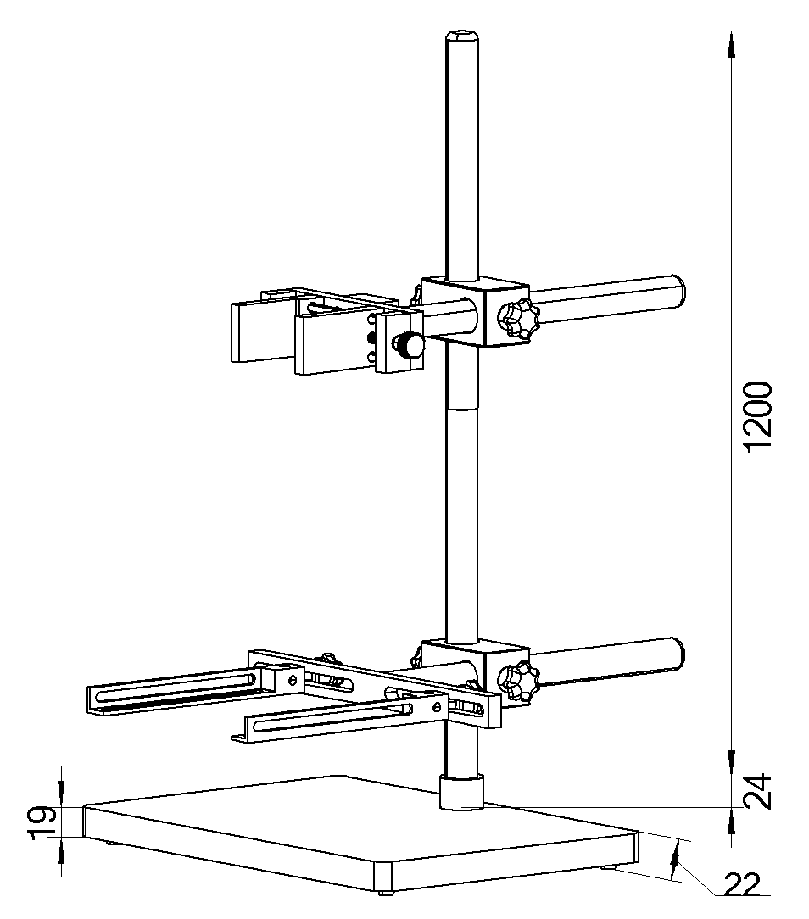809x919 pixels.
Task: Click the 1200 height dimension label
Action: pos(756,416)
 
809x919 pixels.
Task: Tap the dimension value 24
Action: pos(757,793)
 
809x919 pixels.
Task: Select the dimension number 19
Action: pos(45,823)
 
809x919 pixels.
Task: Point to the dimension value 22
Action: pos(742,884)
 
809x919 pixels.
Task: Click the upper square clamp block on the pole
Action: pos(475,312)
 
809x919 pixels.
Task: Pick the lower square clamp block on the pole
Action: pos(476,672)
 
